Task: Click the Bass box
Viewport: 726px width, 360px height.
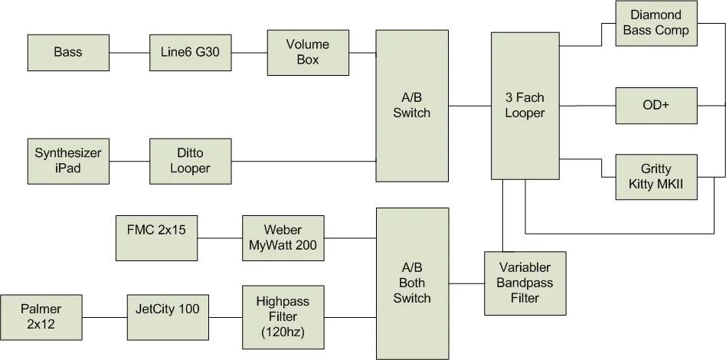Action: pyautogui.click(x=68, y=53)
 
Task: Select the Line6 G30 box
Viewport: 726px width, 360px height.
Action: pyautogui.click(x=190, y=53)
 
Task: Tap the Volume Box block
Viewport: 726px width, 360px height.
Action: pyautogui.click(x=308, y=52)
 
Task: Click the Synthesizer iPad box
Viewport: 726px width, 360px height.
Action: pyautogui.click(x=68, y=160)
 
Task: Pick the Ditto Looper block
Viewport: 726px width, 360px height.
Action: pyautogui.click(x=190, y=160)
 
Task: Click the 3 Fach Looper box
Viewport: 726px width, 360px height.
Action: pyautogui.click(x=525, y=106)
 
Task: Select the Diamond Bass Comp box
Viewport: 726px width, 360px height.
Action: pyautogui.click(x=656, y=23)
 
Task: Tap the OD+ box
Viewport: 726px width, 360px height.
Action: pyautogui.click(x=656, y=105)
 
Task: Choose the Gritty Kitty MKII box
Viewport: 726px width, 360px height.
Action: pyautogui.click(x=656, y=177)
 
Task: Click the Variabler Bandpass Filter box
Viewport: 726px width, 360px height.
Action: pyautogui.click(x=525, y=283)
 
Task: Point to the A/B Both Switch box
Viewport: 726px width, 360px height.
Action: pyautogui.click(x=412, y=283)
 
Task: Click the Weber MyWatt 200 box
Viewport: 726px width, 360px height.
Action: pyautogui.click(x=282, y=237)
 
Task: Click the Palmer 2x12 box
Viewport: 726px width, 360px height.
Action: pyautogui.click(x=41, y=317)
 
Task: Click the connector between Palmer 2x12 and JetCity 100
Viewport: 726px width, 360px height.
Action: pyautogui.click(x=104, y=317)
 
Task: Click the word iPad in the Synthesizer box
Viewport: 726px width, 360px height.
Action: pyautogui.click(x=68, y=168)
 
